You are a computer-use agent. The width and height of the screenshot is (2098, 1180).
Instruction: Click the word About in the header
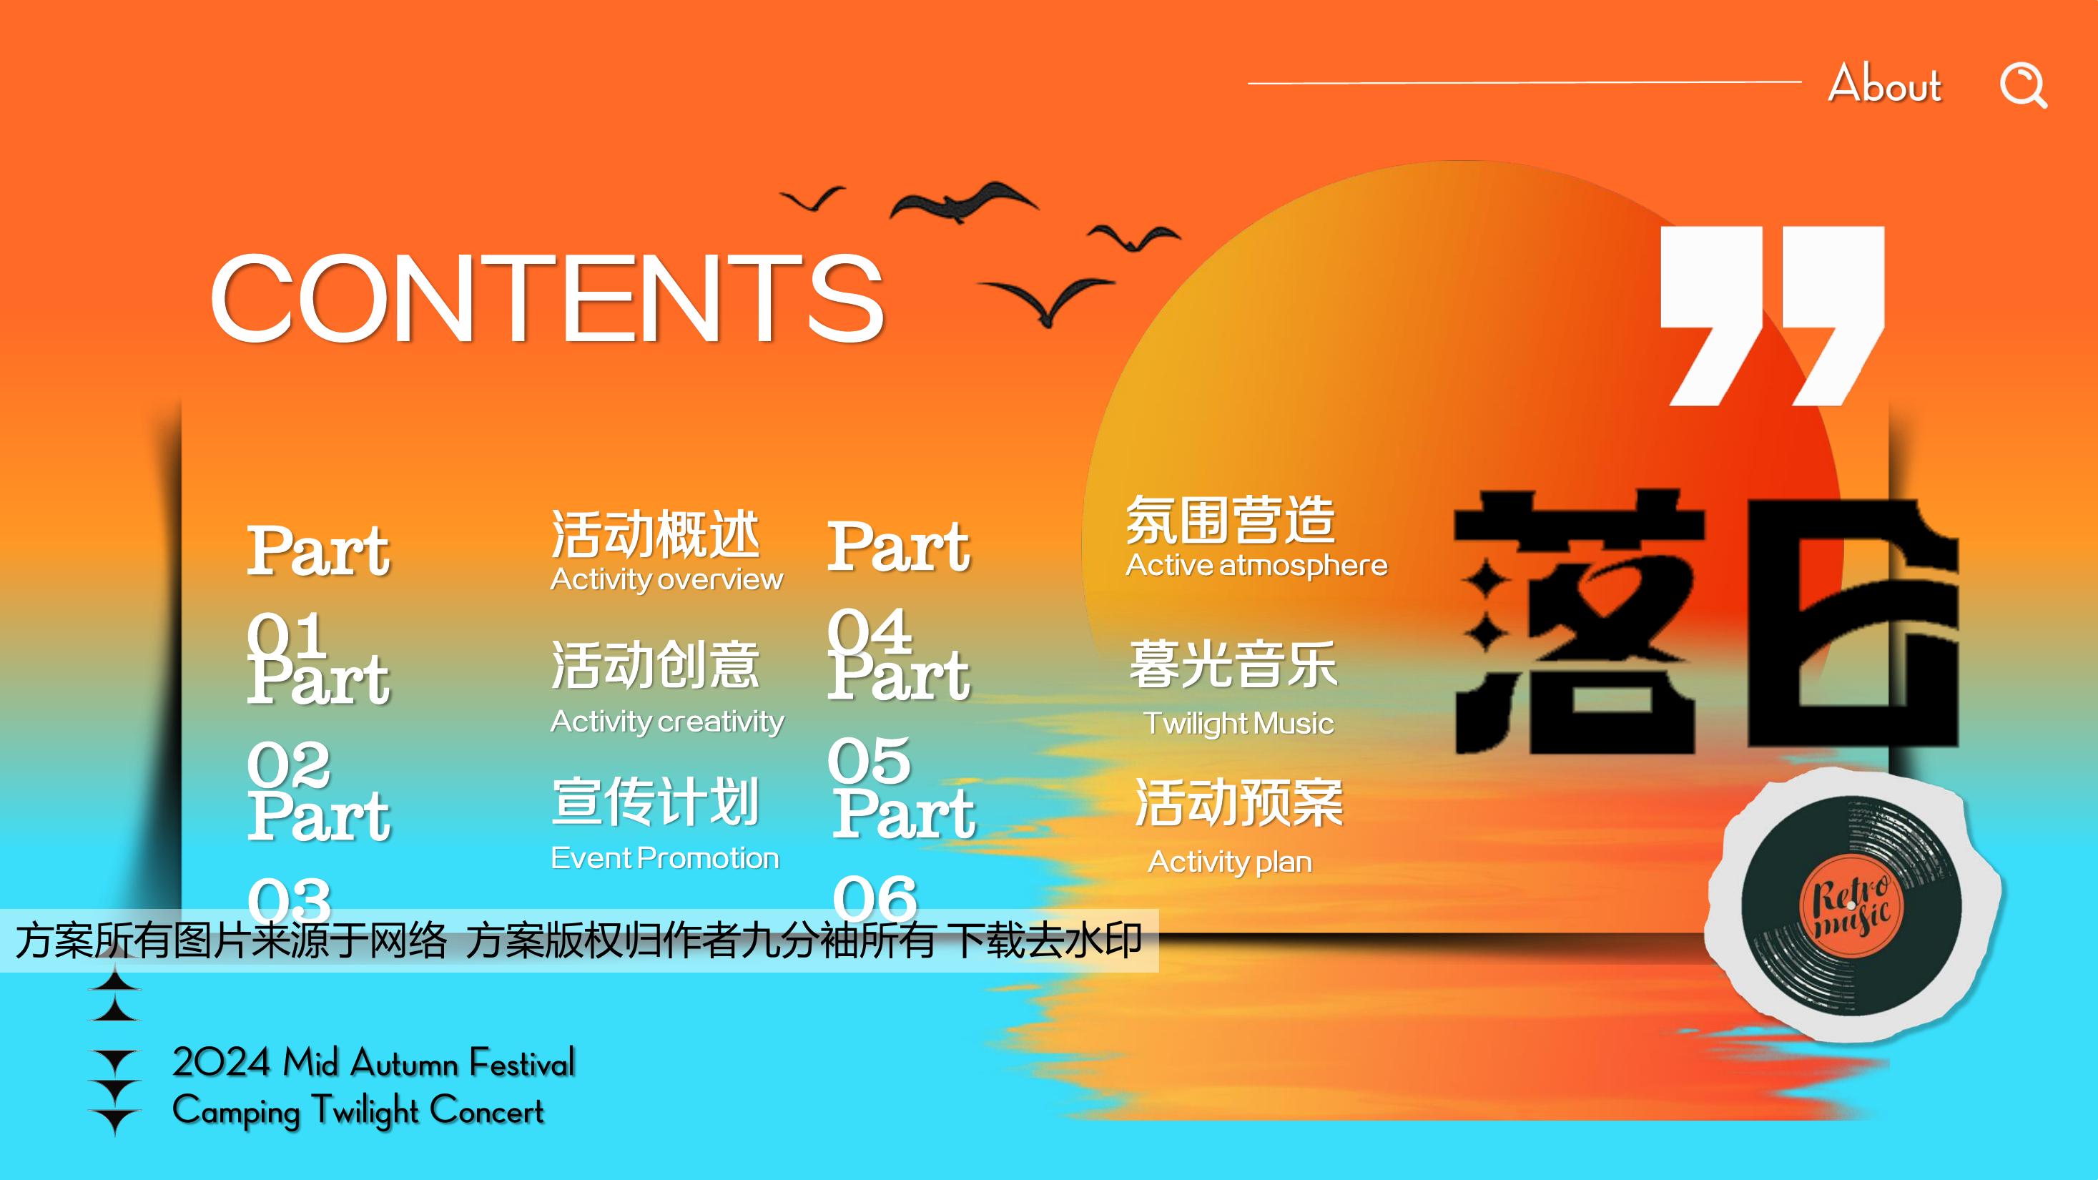pyautogui.click(x=1885, y=83)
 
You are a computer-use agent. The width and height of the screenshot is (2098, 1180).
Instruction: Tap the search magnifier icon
pyautogui.click(x=2024, y=84)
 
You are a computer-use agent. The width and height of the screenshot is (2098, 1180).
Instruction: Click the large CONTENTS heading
pyautogui.click(x=547, y=298)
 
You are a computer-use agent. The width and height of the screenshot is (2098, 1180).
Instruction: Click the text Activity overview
pyautogui.click(x=666, y=579)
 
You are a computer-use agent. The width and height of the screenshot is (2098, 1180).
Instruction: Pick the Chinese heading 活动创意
pyautogui.click(x=656, y=664)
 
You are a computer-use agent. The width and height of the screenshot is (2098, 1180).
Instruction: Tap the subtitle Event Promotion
pyautogui.click(x=664, y=857)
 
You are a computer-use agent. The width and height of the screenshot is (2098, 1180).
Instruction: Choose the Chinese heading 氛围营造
pyautogui.click(x=1231, y=520)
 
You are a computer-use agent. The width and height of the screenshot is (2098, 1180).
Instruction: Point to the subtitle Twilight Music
pyautogui.click(x=1238, y=723)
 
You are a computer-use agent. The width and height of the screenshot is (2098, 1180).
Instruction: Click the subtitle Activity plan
pyautogui.click(x=1230, y=862)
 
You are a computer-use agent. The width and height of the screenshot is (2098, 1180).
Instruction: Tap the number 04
pyautogui.click(x=869, y=630)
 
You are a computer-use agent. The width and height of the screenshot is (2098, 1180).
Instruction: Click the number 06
pyautogui.click(x=875, y=898)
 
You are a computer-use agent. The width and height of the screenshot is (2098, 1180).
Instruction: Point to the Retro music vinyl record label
pyautogui.click(x=1851, y=905)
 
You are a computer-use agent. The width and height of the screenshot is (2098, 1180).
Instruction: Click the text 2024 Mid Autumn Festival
pyautogui.click(x=374, y=1063)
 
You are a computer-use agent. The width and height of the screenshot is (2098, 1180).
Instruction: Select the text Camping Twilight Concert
pyautogui.click(x=358, y=1111)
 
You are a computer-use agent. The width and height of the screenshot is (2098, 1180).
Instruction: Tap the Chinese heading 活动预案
pyautogui.click(x=1238, y=803)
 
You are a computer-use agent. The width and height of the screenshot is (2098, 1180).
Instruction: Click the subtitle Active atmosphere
pyautogui.click(x=1256, y=565)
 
